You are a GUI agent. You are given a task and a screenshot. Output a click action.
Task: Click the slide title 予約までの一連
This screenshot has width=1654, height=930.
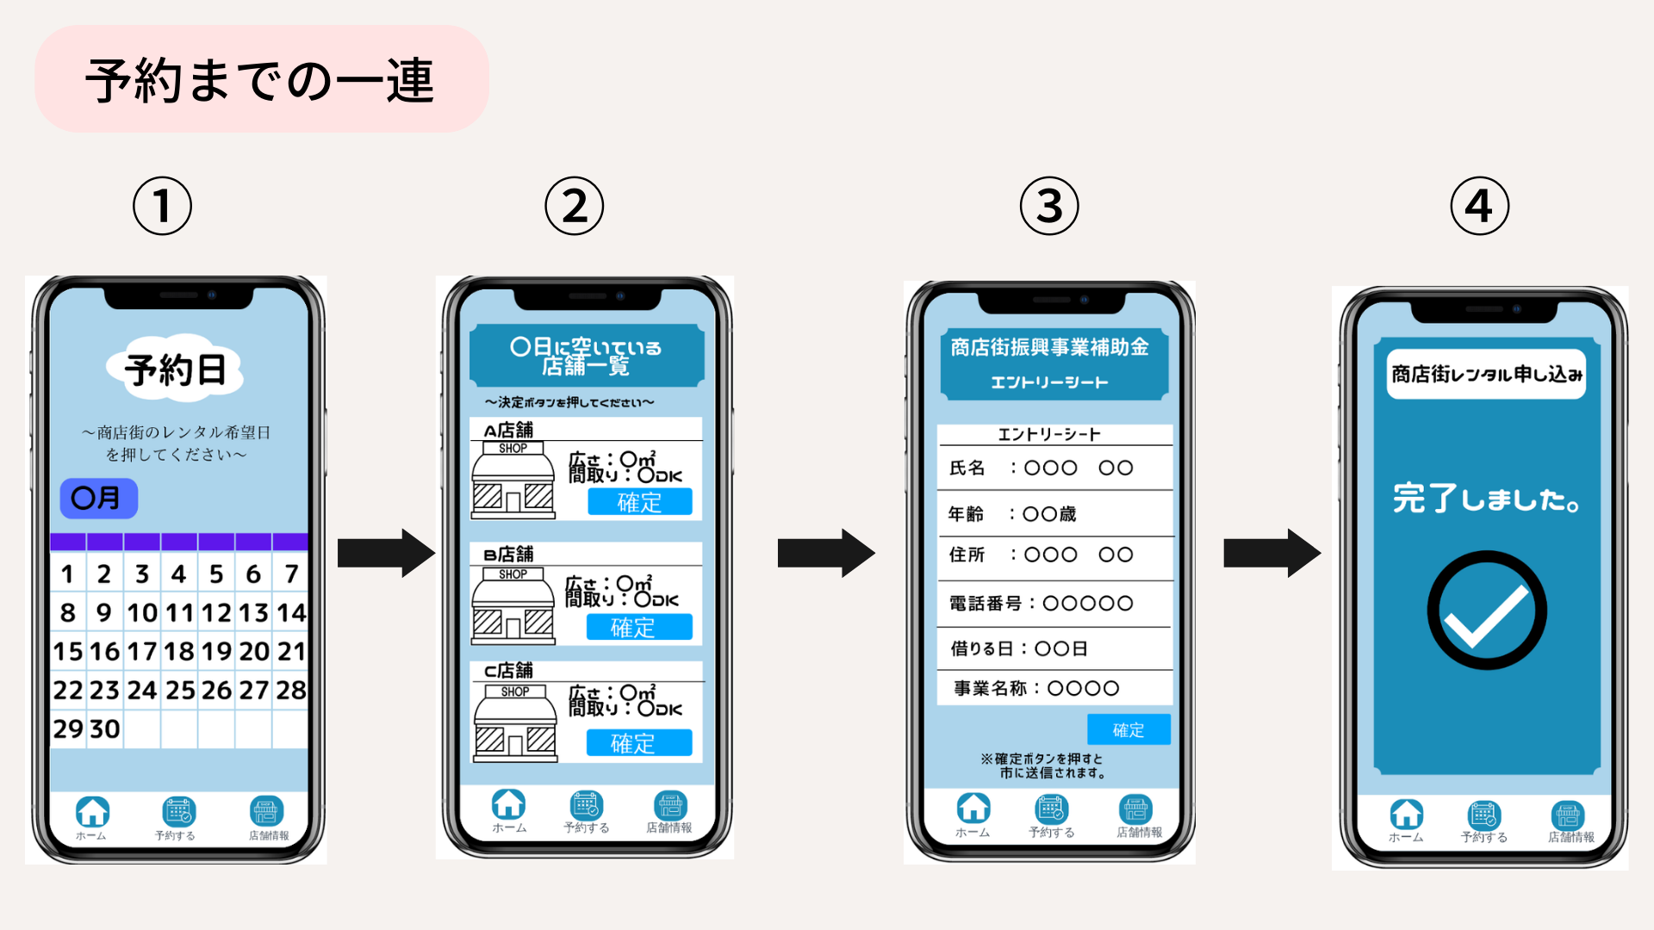260,80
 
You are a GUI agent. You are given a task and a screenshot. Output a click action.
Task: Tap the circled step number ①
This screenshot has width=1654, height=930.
162,206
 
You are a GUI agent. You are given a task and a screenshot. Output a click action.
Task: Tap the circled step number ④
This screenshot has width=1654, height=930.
1479,206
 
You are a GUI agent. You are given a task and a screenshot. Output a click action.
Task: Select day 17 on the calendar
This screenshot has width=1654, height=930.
141,651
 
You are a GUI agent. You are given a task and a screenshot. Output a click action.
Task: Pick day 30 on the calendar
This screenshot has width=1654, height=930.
105,728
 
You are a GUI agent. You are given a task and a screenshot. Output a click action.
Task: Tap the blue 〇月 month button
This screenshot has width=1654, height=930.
98,498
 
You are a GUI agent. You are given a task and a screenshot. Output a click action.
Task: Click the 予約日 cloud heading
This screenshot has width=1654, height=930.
176,369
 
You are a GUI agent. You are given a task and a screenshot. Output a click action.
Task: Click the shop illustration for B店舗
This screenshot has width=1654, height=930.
513,605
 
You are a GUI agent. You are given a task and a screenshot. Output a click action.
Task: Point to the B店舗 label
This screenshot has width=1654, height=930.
508,554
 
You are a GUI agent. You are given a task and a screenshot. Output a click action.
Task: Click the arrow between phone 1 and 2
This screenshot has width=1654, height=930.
385,553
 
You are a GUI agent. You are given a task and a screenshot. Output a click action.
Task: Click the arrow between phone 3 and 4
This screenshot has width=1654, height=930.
1272,553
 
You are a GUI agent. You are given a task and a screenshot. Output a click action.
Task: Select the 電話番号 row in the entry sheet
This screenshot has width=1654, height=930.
1054,603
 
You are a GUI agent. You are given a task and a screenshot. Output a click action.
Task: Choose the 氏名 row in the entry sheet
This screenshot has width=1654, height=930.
1054,468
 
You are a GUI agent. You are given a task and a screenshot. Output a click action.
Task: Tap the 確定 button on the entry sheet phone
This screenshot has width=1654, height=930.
1128,729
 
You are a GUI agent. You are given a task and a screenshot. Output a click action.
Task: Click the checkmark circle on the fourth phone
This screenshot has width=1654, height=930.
1486,610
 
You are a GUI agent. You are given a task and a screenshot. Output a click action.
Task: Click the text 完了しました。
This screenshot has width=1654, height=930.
1486,499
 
